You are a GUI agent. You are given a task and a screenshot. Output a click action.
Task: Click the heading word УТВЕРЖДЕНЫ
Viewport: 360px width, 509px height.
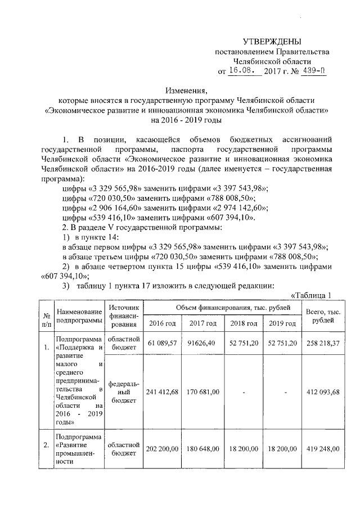pyautogui.click(x=272, y=42)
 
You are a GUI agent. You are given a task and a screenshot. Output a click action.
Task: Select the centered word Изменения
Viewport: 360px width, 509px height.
pyautogui.click(x=186, y=90)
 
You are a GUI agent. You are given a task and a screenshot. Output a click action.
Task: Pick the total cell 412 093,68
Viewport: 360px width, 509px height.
pyautogui.click(x=322, y=391)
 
